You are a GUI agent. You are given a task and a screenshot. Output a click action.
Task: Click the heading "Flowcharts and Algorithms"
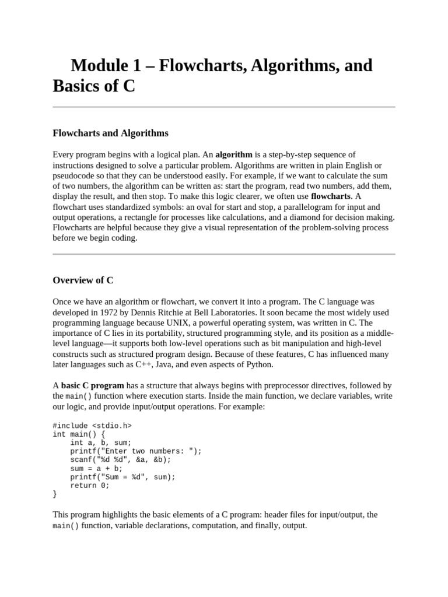tap(110, 133)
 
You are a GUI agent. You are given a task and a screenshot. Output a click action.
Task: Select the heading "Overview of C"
tap(83, 280)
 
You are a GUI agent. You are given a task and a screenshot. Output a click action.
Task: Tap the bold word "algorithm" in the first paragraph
tap(234, 154)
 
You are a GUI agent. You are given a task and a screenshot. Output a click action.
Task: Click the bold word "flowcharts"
tap(331, 196)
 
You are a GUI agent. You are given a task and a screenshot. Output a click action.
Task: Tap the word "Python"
tap(259, 365)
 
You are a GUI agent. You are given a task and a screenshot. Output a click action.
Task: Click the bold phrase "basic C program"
tap(92, 385)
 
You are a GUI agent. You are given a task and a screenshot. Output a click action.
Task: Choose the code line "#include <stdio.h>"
tap(92, 425)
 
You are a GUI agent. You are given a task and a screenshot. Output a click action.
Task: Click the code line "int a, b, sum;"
tap(101, 443)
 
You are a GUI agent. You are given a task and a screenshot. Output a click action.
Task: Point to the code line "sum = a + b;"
tap(97, 468)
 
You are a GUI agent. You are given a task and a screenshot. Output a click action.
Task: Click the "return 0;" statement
tap(90, 485)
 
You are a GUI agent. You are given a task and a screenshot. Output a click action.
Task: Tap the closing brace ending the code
tap(55, 494)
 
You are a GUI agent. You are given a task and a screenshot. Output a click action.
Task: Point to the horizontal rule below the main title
tap(224, 107)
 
